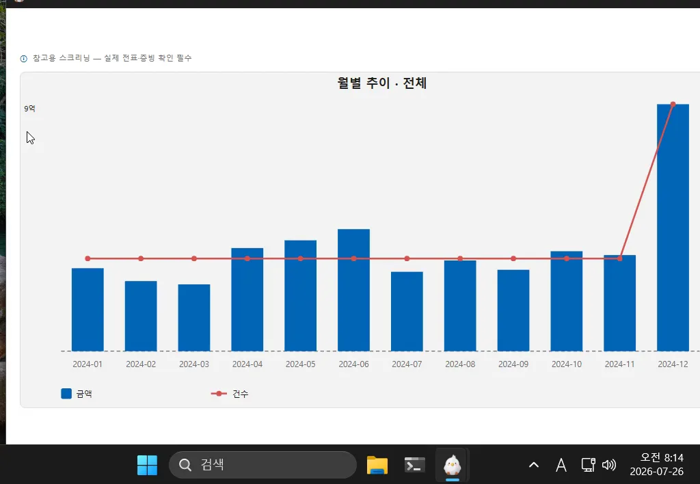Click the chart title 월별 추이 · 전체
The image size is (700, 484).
[381, 83]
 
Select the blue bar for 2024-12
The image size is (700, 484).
[673, 228]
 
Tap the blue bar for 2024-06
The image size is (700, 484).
[353, 291]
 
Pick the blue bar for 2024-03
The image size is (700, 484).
[194, 318]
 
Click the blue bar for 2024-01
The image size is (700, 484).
[87, 310]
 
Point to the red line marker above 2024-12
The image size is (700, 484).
[673, 105]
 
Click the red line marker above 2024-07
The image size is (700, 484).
[407, 258]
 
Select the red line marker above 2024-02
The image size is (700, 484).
[141, 258]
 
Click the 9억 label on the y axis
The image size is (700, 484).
[29, 109]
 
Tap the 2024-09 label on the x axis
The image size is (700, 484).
[513, 364]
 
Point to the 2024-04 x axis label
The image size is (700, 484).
[247, 364]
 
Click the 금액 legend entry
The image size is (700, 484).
[77, 394]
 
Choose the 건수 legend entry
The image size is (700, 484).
[230, 394]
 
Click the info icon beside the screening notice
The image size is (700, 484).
[24, 59]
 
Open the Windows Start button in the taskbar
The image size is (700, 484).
[148, 466]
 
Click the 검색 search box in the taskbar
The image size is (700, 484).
[262, 465]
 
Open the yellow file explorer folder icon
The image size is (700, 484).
[377, 466]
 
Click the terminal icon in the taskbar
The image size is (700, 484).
[415, 466]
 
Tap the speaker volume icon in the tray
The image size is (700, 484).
[609, 466]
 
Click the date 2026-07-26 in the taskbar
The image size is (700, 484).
[656, 472]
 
